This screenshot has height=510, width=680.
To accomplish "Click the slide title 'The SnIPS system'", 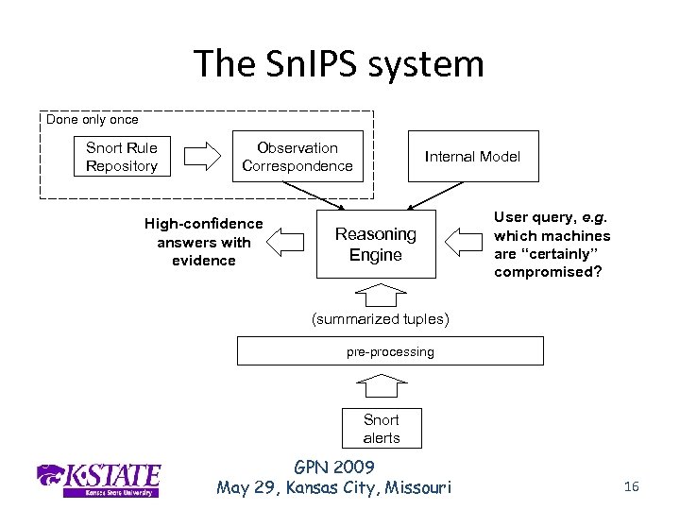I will [x=338, y=64].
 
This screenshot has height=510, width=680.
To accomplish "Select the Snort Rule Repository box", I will [x=122, y=157].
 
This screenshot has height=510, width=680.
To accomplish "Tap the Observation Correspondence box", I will [x=297, y=157].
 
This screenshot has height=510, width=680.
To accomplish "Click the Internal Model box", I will [x=472, y=157].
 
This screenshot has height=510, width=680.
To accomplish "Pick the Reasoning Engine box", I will [x=376, y=245].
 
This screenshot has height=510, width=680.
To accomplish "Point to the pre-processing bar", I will [x=389, y=351].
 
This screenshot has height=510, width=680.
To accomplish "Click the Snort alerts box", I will [x=382, y=429].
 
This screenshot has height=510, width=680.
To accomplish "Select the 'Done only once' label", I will [x=93, y=120].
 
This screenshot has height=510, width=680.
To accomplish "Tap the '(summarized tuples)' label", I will [x=381, y=319].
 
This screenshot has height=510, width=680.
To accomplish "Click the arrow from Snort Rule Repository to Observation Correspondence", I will [x=201, y=157].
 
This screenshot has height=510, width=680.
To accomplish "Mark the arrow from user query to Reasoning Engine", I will [x=463, y=243].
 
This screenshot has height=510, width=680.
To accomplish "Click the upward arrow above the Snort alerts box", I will [x=381, y=385].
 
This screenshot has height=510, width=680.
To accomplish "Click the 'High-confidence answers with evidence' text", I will [x=204, y=242].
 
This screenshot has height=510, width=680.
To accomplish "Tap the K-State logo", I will [x=98, y=479].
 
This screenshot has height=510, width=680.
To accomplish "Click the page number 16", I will [x=632, y=486].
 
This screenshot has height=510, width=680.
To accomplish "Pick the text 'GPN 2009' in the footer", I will [x=333, y=467].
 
